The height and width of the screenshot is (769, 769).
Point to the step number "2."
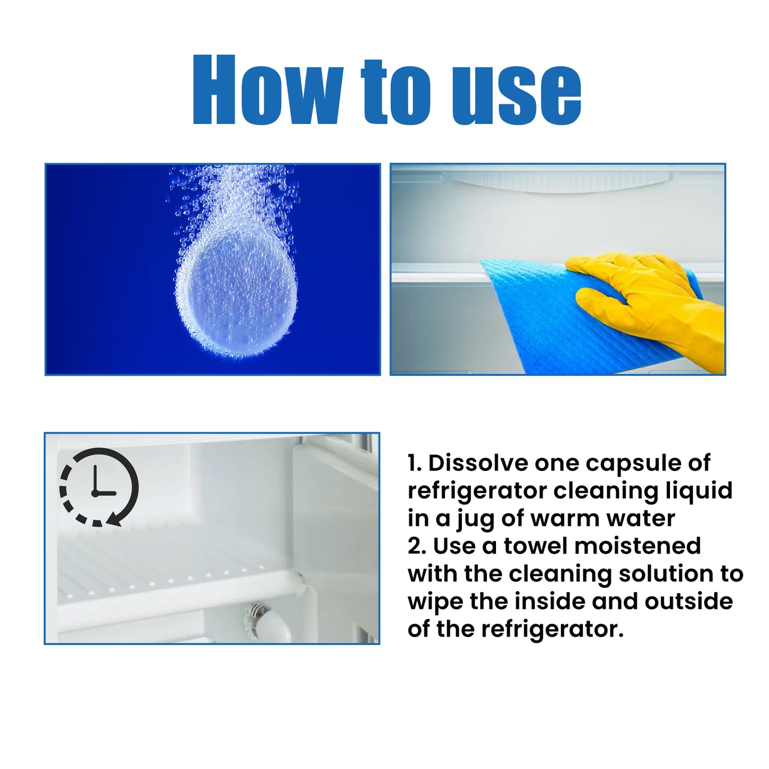pos(417,547)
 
